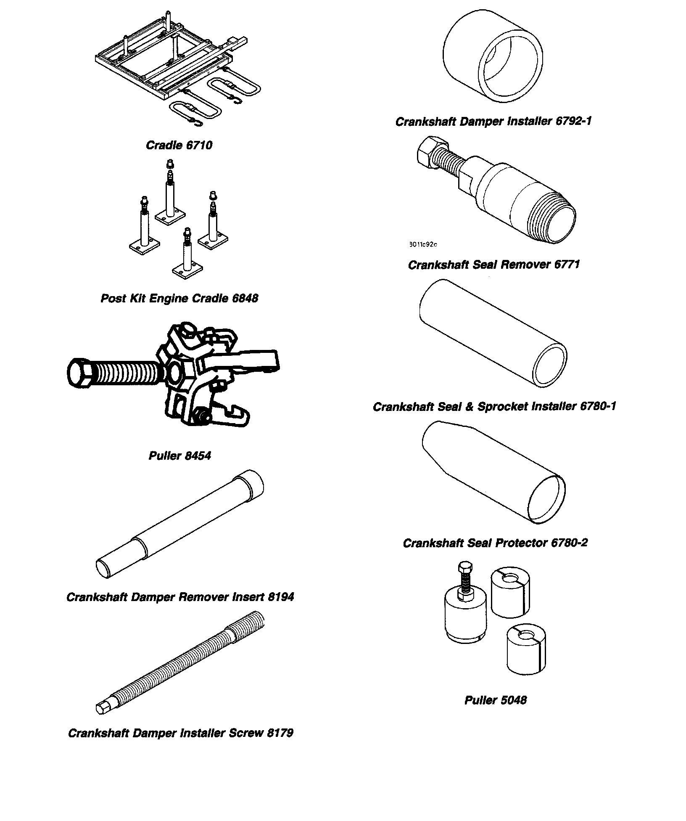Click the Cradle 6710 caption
tap(179, 146)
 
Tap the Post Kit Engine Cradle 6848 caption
tap(179, 299)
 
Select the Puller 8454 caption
tap(179, 456)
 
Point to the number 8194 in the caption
tap(280, 597)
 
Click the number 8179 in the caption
tap(280, 733)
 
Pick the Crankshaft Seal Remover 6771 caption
tap(494, 265)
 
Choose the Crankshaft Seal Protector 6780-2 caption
tap(495, 543)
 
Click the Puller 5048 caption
tap(495, 700)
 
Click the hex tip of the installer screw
tap(103, 710)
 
